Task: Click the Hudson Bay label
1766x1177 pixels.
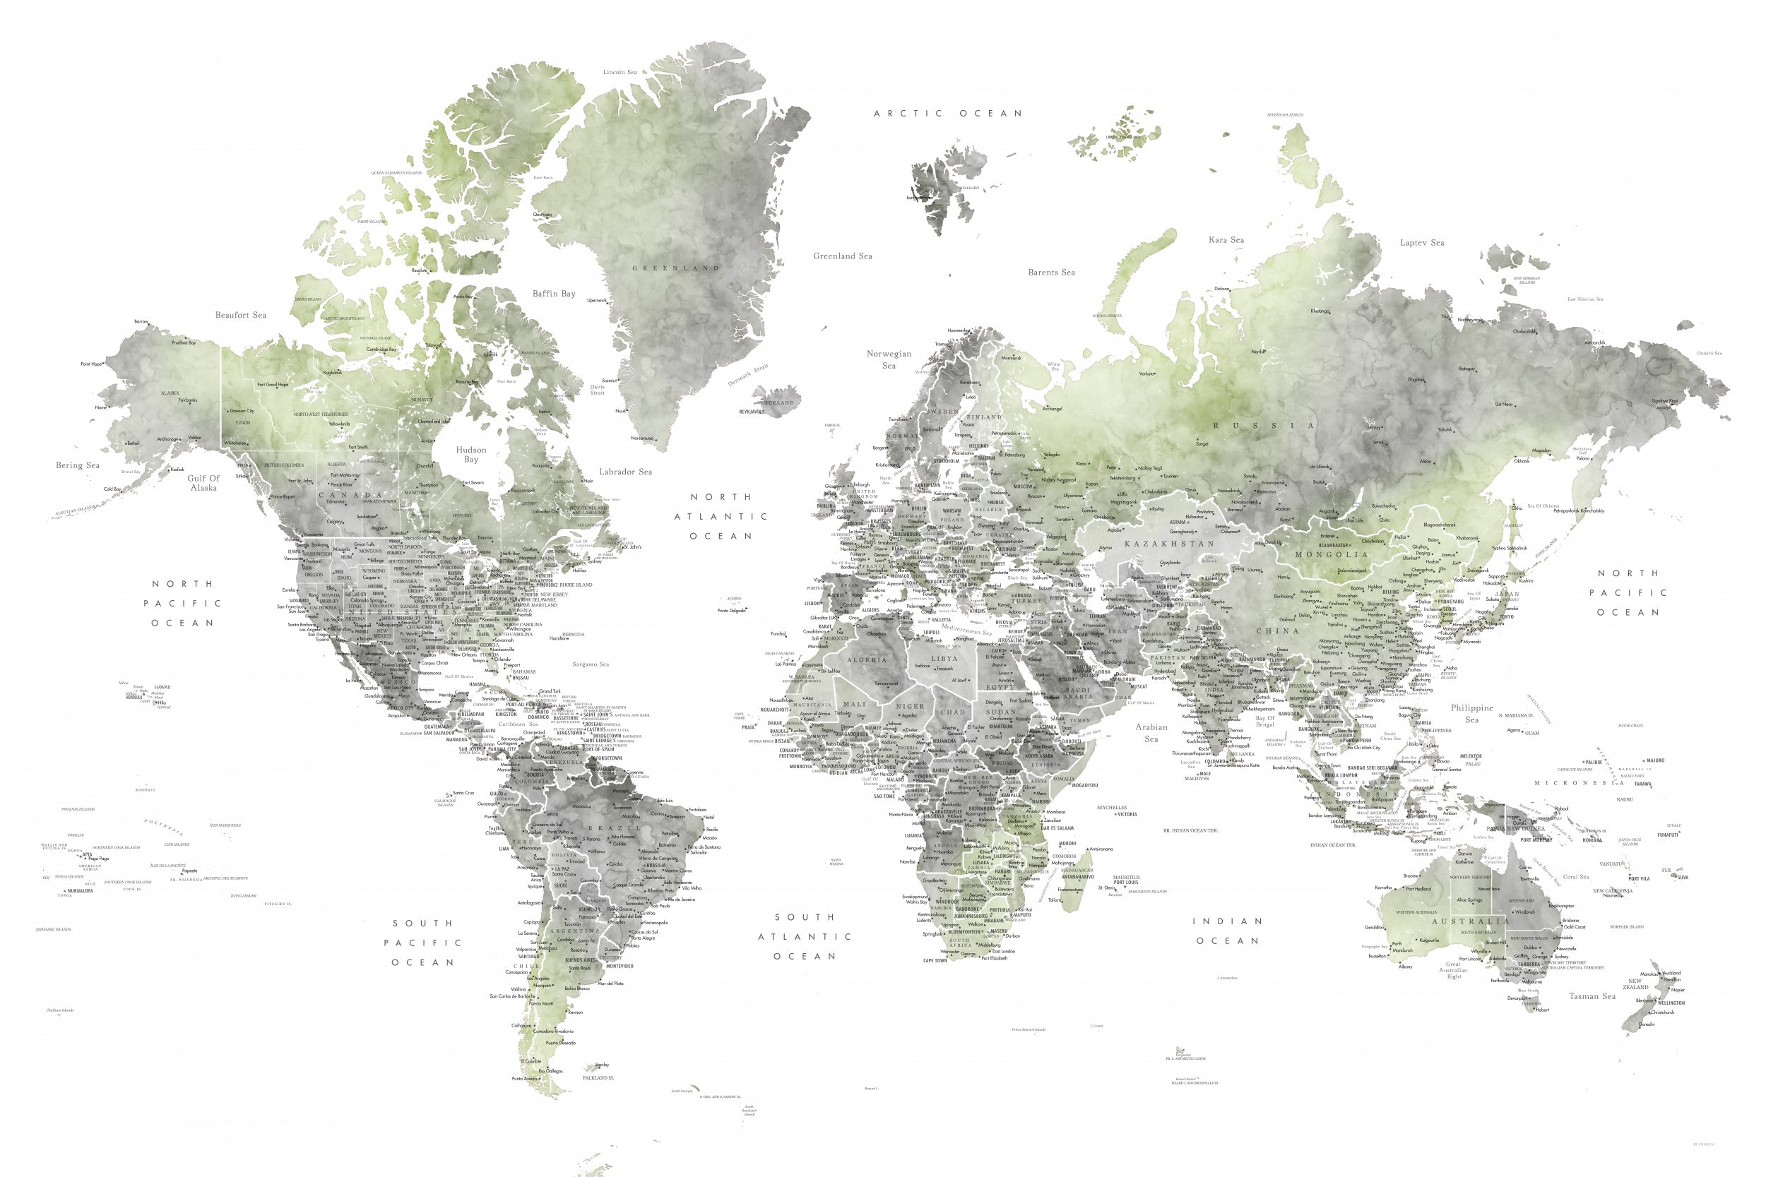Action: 470,454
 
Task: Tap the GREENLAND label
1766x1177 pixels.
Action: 675,268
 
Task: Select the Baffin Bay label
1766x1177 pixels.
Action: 553,294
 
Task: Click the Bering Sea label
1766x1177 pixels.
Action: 77,465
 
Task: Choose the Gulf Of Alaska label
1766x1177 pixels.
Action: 203,483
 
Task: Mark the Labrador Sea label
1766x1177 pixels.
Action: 625,472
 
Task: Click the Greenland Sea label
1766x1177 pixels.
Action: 843,256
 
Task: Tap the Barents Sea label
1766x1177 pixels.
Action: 1050,273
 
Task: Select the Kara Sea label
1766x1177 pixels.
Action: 1226,240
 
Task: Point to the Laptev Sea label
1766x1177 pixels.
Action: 1421,242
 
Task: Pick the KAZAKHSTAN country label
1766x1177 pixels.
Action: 1168,544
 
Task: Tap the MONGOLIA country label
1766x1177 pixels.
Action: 1332,555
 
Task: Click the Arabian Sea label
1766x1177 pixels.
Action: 1150,733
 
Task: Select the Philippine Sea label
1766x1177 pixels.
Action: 1471,713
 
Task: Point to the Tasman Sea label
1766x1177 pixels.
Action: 1592,996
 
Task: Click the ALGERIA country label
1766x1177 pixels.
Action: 867,659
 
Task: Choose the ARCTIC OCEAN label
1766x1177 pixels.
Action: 947,114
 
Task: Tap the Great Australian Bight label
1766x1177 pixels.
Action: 1453,970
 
